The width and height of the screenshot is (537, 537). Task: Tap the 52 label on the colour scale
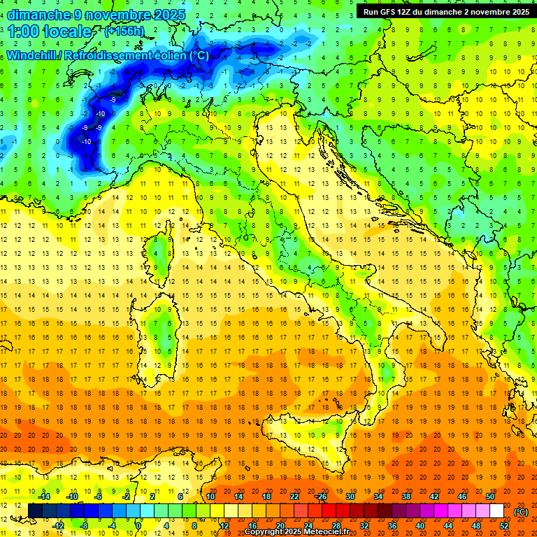(504, 526)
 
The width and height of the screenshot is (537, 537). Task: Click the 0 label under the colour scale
(138, 526)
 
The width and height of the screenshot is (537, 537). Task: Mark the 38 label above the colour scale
(406, 496)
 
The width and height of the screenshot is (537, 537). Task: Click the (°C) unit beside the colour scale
(521, 512)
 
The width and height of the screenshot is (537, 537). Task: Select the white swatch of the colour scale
(496, 511)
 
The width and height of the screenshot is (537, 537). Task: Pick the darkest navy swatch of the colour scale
(35, 511)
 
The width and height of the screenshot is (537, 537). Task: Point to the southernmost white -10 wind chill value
(87, 142)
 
